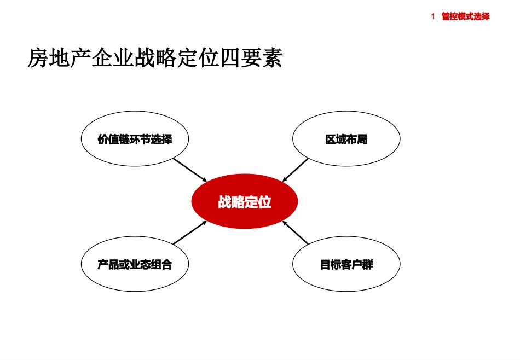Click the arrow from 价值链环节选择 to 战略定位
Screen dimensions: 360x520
point(190,170)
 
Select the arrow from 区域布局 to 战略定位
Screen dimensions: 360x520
point(296,170)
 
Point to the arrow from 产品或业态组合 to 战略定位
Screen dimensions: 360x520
point(190,233)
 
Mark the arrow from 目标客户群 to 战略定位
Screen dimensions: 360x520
point(296,233)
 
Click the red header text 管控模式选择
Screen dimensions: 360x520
point(466,16)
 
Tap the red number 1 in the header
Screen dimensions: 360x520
point(432,16)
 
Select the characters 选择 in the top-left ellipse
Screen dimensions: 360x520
point(161,140)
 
